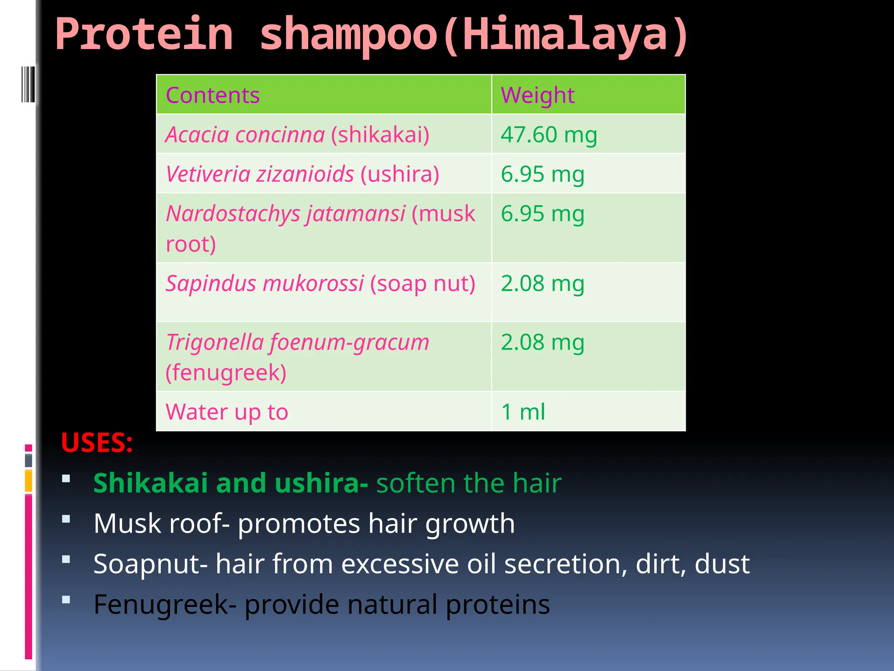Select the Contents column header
(213, 95)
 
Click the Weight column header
(537, 95)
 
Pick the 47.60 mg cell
(549, 135)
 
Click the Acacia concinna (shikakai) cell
(297, 135)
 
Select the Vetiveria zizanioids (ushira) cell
(302, 174)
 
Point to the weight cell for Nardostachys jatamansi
(543, 214)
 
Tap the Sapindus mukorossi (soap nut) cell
(320, 284)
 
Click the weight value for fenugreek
(543, 342)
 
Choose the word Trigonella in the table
(215, 342)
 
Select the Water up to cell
(227, 412)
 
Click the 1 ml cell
(523, 412)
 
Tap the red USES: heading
(97, 443)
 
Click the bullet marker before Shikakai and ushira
(66, 478)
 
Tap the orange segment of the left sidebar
(28, 480)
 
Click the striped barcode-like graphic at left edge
(28, 84)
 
